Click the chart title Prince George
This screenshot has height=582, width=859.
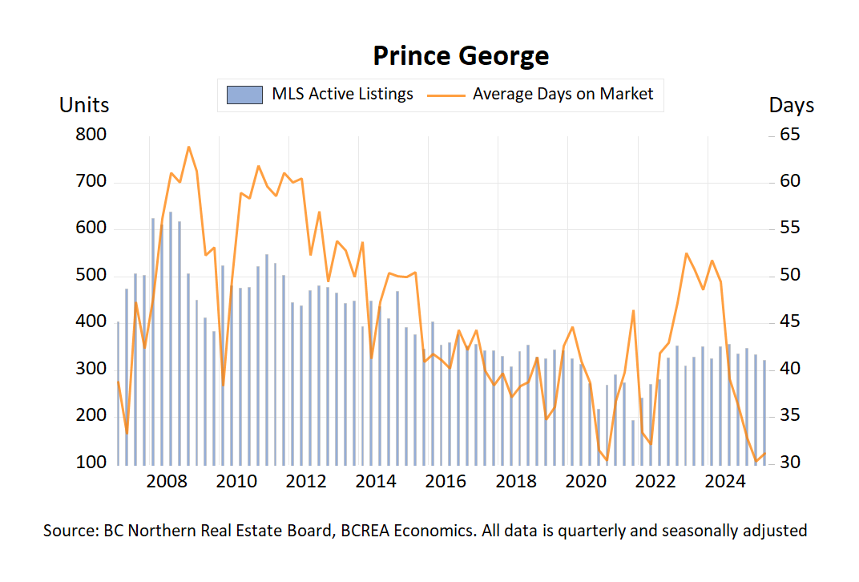click(461, 56)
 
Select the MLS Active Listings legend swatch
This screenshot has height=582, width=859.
click(244, 95)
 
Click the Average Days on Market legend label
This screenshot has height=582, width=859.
click(563, 94)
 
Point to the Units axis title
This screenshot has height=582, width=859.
click(84, 105)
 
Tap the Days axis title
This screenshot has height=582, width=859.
click(791, 105)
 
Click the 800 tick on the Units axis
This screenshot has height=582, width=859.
click(91, 135)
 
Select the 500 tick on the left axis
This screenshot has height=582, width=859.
click(91, 276)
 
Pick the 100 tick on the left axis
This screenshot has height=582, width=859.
click(91, 463)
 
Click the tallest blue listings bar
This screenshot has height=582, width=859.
click(171, 337)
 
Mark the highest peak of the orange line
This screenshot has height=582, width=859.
click(188, 147)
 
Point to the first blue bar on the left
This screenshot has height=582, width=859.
click(118, 393)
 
